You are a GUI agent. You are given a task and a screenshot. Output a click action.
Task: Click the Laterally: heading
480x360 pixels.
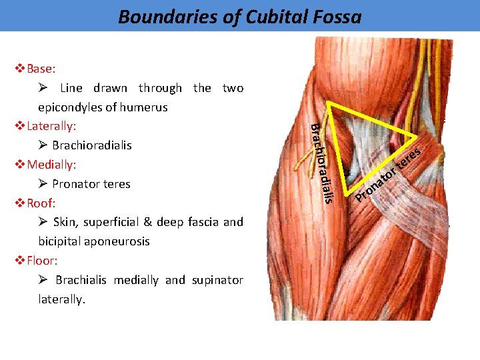[51, 126]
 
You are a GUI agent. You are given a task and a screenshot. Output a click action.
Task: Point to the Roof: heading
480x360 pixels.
[41, 203]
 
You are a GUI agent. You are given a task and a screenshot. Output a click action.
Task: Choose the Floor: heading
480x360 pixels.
[43, 261]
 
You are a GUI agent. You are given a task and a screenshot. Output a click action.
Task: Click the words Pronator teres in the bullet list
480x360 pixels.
[91, 184]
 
